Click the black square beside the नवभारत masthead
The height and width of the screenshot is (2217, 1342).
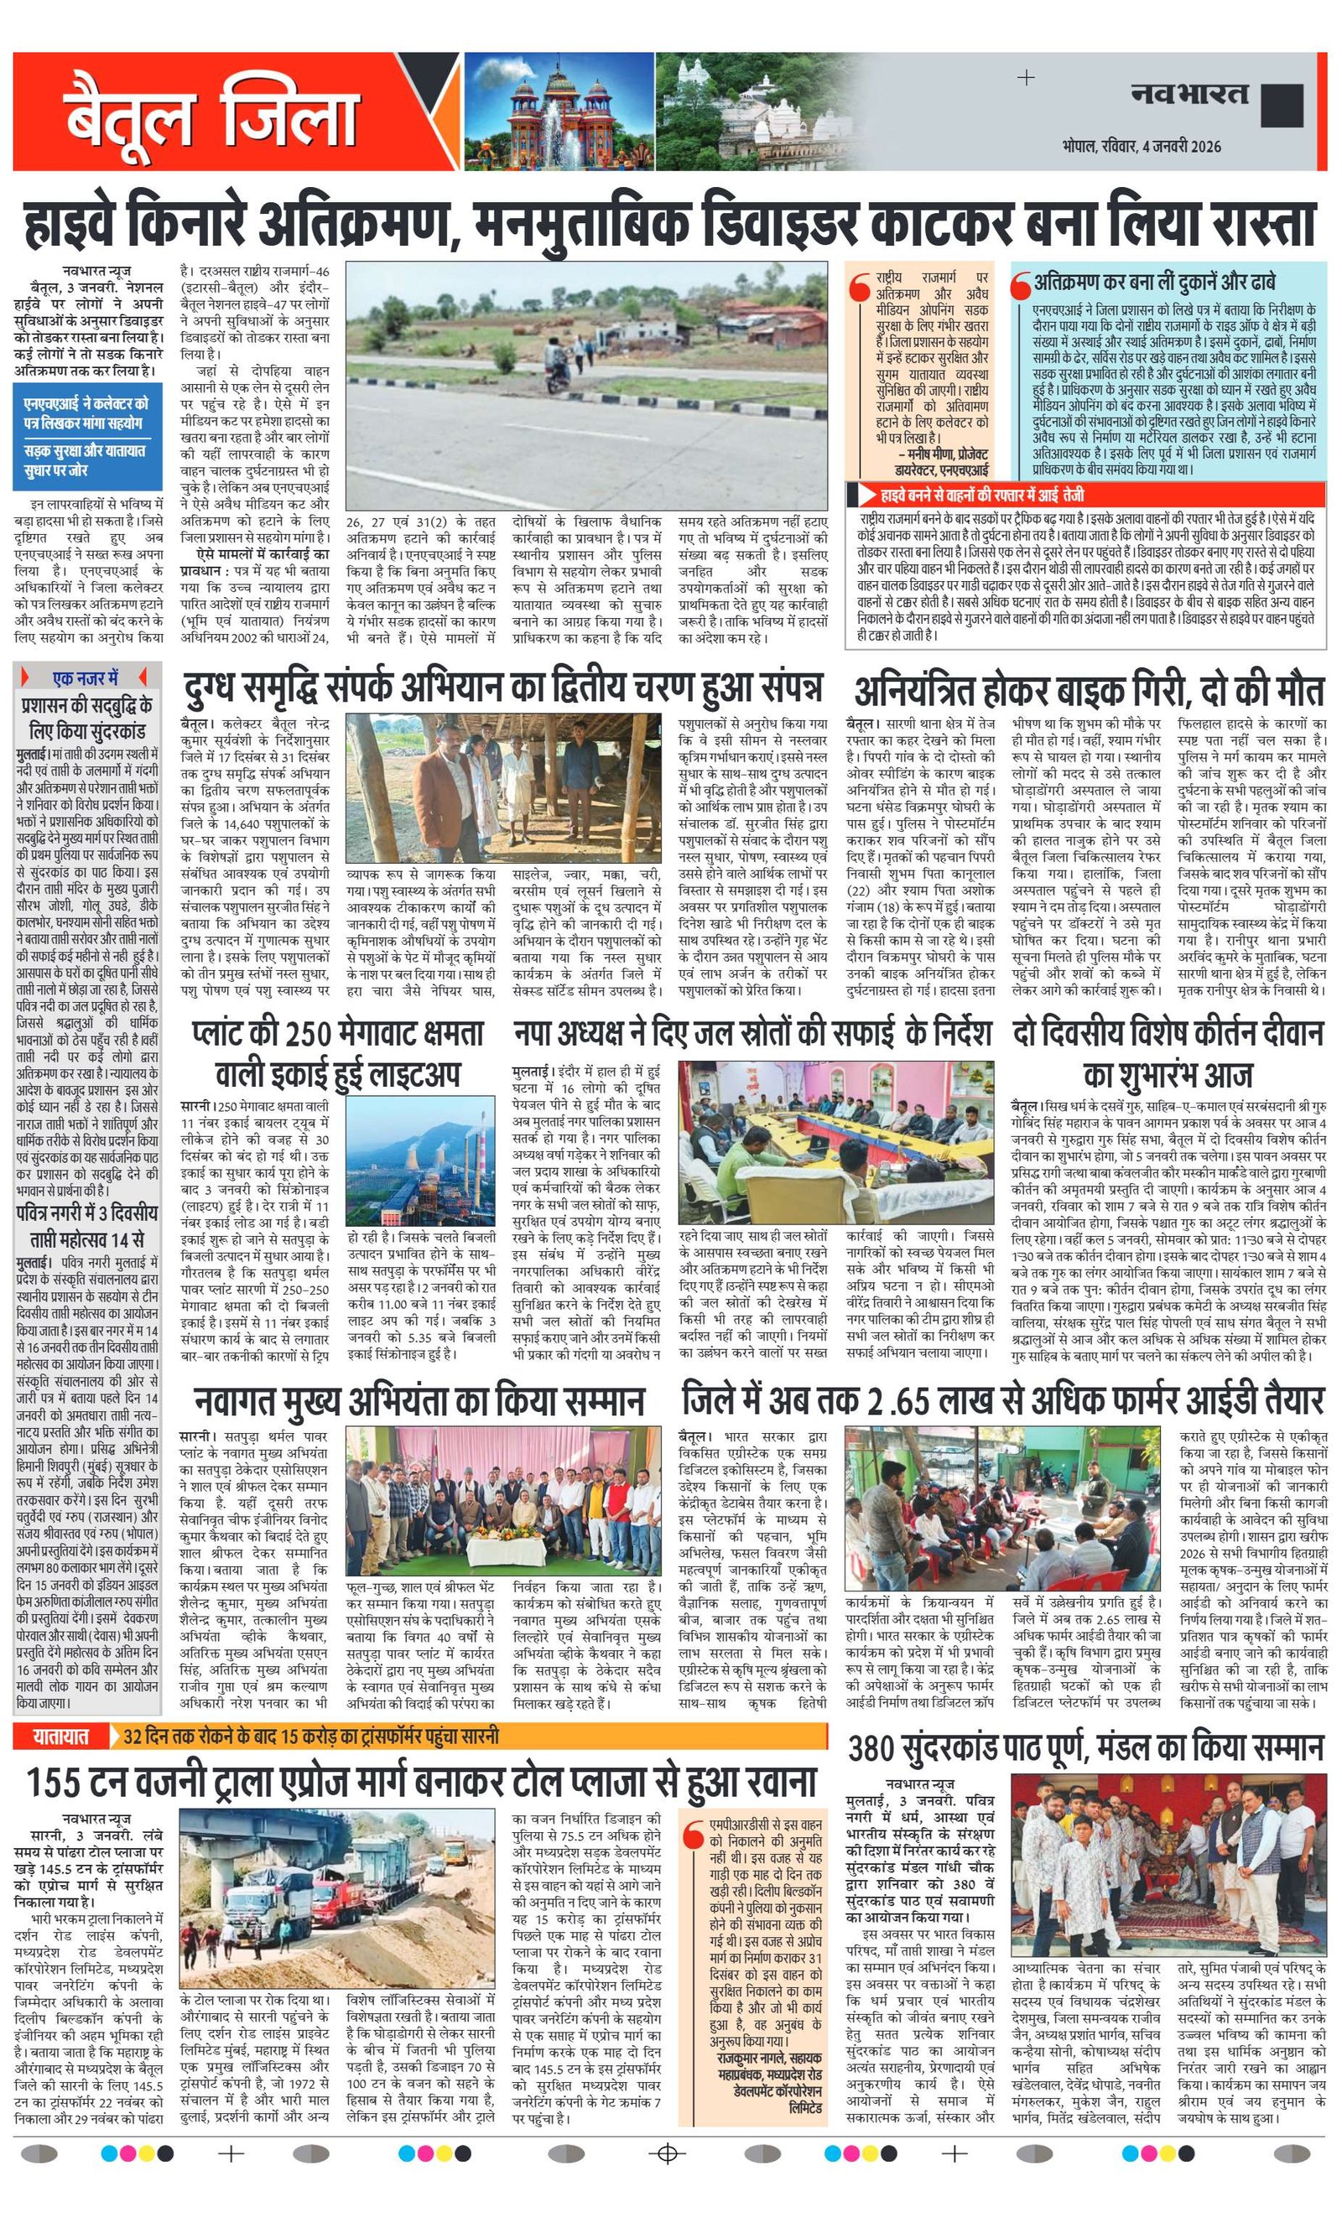pyautogui.click(x=1282, y=103)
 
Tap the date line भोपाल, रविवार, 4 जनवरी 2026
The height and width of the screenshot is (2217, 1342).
pyautogui.click(x=1141, y=146)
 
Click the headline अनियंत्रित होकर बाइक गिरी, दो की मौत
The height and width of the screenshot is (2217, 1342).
pyautogui.click(x=1088, y=692)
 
